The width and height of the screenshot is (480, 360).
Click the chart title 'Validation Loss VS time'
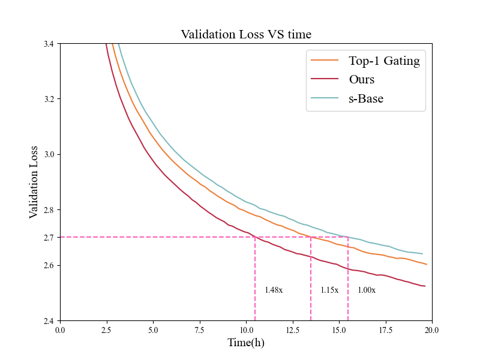(x=246, y=35)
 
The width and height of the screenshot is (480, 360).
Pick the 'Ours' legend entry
(x=362, y=79)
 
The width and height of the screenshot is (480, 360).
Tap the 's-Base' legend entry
(x=366, y=99)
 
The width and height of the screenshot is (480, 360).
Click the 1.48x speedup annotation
(x=274, y=290)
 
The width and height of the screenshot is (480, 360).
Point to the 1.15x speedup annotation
(x=329, y=290)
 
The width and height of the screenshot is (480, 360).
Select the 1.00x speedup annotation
(x=367, y=290)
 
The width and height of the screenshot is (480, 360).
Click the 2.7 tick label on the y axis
(x=49, y=238)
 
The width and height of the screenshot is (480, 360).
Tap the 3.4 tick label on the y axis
(x=49, y=44)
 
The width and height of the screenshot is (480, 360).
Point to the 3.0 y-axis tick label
(x=49, y=155)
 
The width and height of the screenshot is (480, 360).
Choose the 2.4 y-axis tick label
(x=49, y=321)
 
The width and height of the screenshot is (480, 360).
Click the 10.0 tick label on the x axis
(x=246, y=330)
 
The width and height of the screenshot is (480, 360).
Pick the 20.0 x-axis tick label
(x=431, y=330)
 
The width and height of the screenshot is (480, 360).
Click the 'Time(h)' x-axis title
(x=246, y=343)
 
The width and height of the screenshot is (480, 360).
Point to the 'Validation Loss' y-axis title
(x=34, y=182)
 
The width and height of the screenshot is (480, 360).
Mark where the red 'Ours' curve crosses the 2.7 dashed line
(x=255, y=237)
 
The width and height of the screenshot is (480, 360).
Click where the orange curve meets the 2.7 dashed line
(x=311, y=237)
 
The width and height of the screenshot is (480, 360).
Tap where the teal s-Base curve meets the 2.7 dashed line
(x=348, y=237)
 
